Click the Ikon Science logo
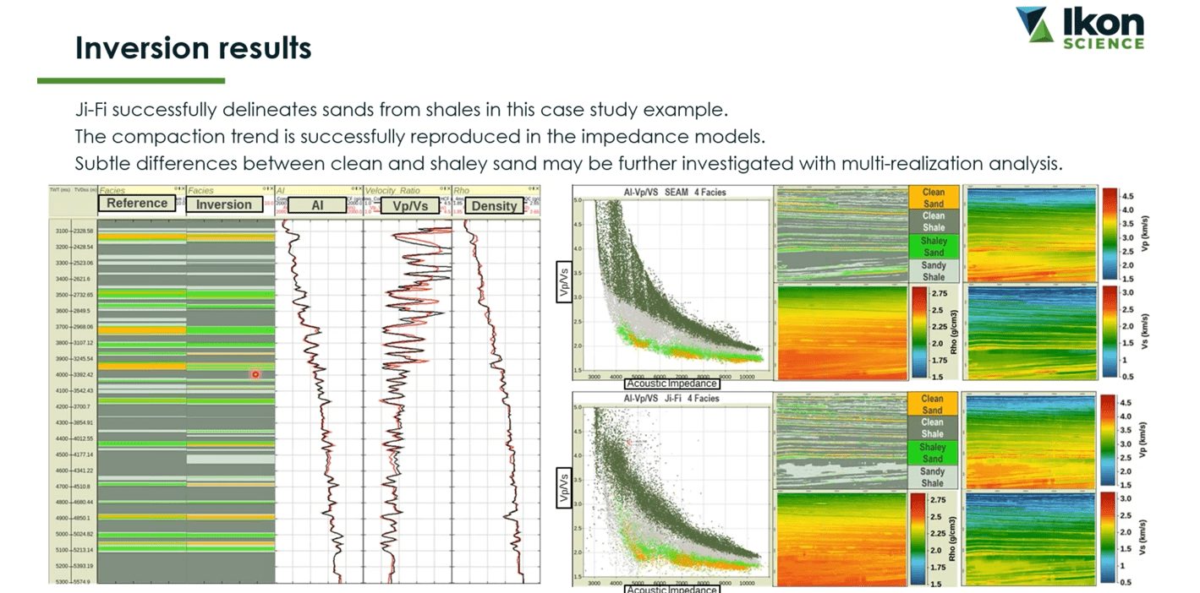pos(1080,29)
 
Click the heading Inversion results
pos(193,48)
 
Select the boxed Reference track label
pos(137,204)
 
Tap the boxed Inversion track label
pos(224,204)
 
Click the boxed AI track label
pos(317,205)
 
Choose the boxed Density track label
pos(494,205)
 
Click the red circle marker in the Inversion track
pos(255,374)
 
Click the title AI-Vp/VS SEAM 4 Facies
pos(674,192)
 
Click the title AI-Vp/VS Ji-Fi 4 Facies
pos(671,397)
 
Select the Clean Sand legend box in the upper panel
pos(934,198)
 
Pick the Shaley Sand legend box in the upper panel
pos(934,247)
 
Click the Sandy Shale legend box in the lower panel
pos(933,477)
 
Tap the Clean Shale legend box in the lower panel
pos(933,428)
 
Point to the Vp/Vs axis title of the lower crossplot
pos(562,487)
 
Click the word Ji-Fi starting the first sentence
pos(94,111)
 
